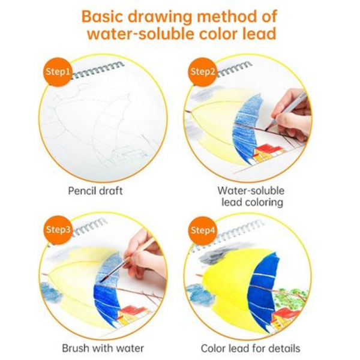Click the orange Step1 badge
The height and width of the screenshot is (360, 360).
(58, 72)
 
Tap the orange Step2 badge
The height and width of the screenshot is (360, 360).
(202, 72)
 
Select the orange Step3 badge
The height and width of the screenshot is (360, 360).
(58, 230)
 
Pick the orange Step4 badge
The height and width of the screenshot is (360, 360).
(202, 230)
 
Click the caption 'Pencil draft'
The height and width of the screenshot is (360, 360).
(95, 191)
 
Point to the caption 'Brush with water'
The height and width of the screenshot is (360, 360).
(103, 348)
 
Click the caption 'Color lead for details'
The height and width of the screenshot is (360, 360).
(250, 348)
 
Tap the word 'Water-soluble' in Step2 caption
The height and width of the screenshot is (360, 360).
(251, 191)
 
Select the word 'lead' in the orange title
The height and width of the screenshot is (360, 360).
(259, 34)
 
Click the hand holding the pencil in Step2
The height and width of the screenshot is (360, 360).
(292, 115)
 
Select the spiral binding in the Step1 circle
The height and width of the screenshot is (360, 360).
(98, 70)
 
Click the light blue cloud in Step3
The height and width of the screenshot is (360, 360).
(51, 292)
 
